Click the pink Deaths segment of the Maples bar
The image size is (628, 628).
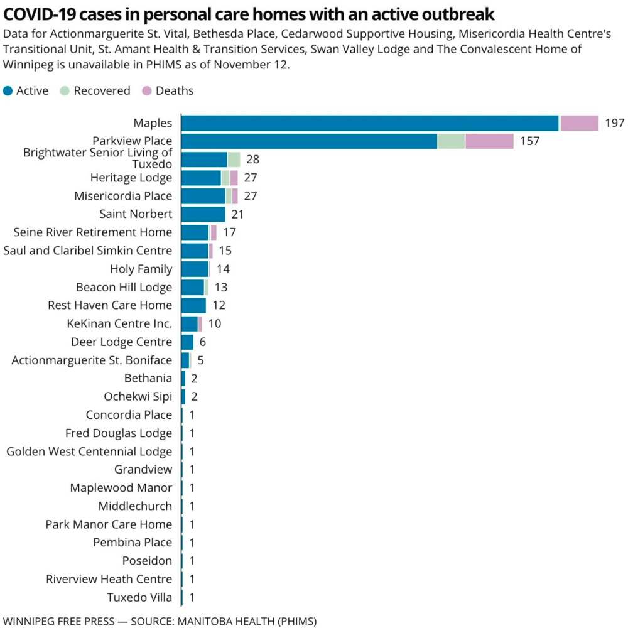click(x=580, y=123)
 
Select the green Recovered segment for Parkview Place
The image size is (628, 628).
click(x=451, y=141)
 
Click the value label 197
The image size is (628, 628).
click(x=615, y=123)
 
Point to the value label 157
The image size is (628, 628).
click(x=529, y=141)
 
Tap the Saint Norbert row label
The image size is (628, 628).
click(x=136, y=214)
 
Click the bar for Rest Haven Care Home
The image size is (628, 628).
click(x=193, y=305)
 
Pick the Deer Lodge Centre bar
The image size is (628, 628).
click(x=187, y=342)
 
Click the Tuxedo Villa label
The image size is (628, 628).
click(x=139, y=597)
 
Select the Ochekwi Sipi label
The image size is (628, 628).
click(x=138, y=396)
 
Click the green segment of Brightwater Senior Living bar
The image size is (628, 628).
click(x=234, y=160)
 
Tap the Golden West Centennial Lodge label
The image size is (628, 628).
click(x=89, y=451)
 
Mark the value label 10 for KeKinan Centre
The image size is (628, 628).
click(x=215, y=323)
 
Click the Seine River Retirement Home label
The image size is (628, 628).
click(x=92, y=232)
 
